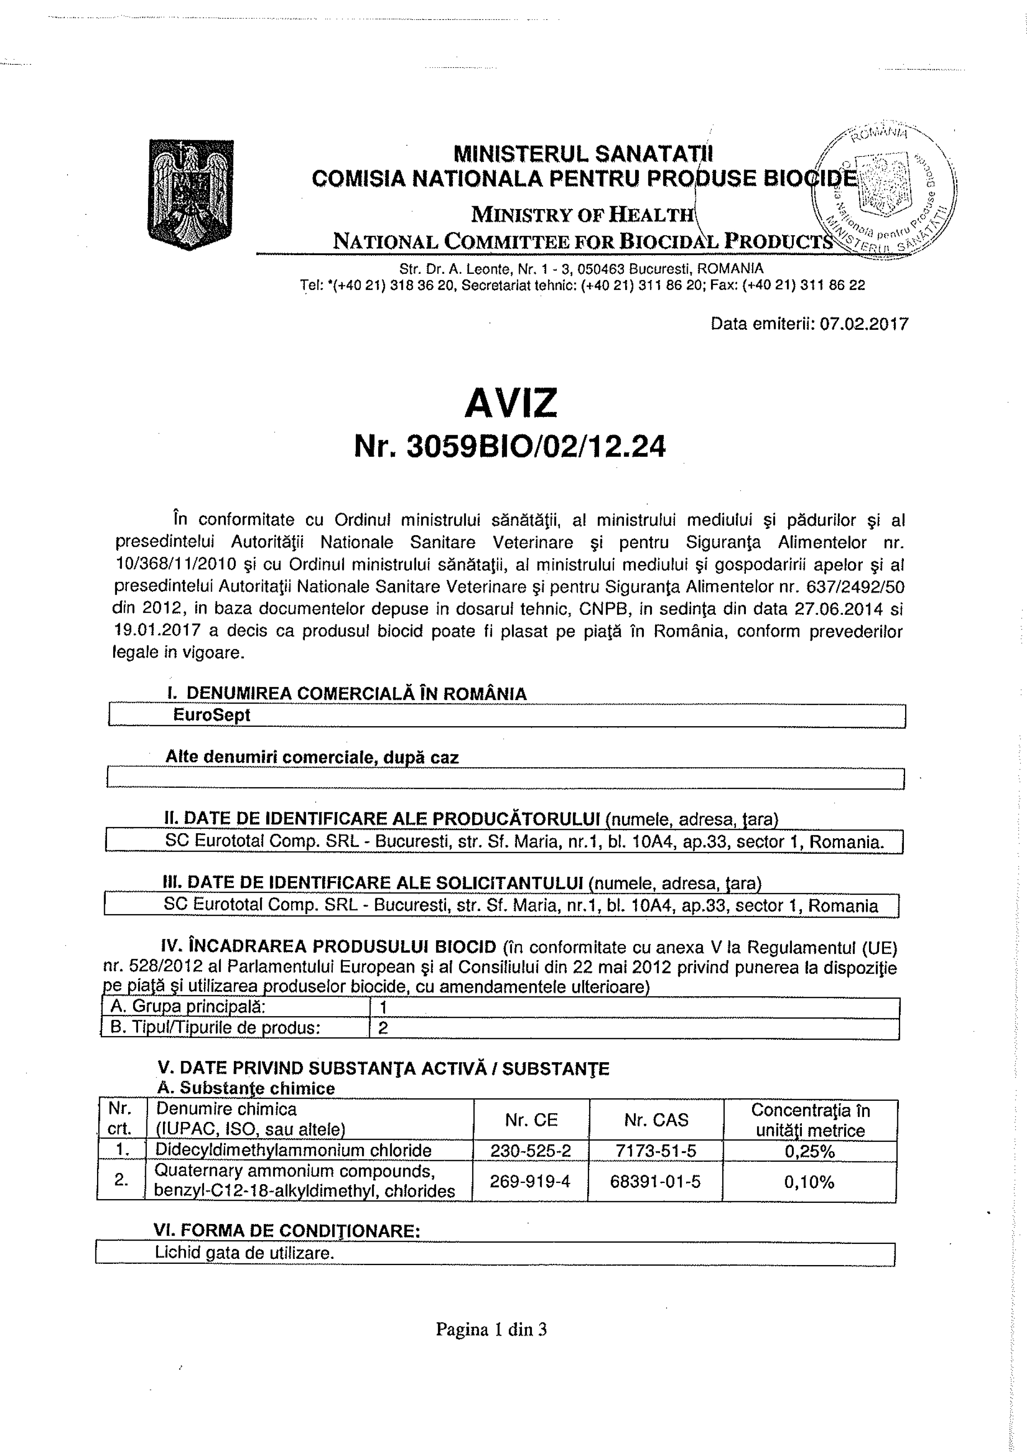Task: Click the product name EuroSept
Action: click(x=212, y=715)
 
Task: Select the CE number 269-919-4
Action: click(x=531, y=1181)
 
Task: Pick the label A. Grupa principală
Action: click(x=188, y=1007)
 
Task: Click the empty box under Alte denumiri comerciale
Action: click(x=506, y=778)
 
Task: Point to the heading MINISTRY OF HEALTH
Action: click(x=583, y=215)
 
